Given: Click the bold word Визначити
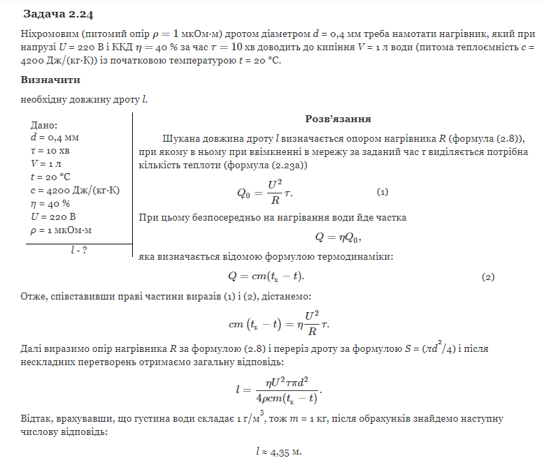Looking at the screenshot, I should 51,80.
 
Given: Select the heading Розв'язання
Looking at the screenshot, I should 338,119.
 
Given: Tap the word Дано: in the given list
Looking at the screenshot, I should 45,125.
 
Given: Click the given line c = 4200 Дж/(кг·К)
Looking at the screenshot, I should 72,191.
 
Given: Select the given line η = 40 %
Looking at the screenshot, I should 51,204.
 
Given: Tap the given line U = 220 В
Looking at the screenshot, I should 53,216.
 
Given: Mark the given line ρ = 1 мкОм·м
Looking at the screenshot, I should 62,230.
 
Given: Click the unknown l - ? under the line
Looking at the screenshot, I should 79,250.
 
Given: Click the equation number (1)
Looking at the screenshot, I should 382,192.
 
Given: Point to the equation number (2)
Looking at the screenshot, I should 488,276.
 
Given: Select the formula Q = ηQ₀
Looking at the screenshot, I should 338,237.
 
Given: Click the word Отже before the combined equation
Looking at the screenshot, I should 34,297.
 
